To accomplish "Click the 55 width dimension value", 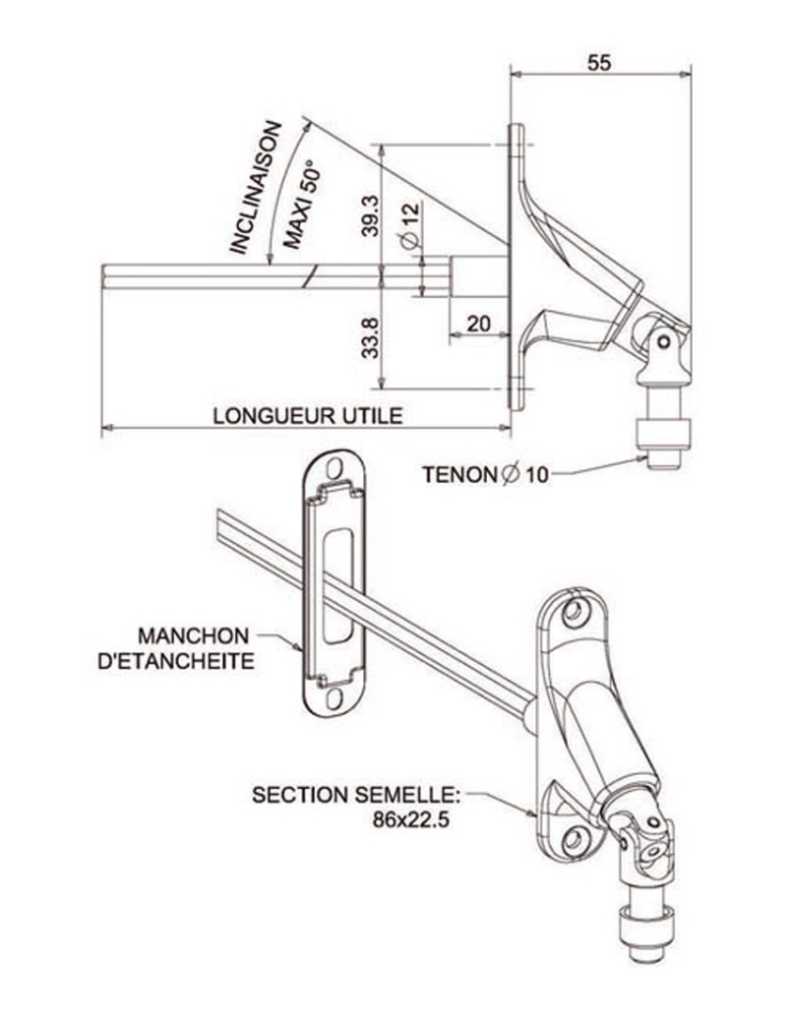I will point(599,62).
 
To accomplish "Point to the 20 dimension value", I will point(479,325).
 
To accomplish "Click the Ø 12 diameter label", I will point(408,225).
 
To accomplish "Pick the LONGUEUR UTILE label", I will point(308,415).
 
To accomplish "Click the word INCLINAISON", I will point(255,188).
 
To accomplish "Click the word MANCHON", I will point(193,634).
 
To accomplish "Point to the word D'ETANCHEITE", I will point(177,660).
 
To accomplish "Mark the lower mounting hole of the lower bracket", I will point(574,841).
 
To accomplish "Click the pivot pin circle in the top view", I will point(664,341).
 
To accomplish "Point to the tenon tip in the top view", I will point(664,458).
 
